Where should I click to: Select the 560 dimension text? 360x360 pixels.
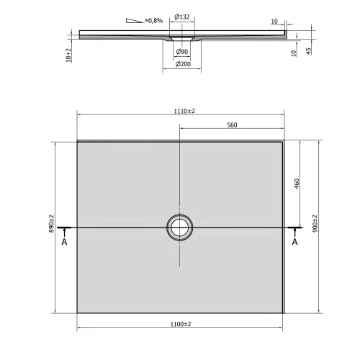[x=232, y=125]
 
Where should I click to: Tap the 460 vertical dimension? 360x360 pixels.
[x=296, y=184]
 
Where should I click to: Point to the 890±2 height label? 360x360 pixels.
[x=52, y=226]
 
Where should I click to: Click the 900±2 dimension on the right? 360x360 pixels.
[x=315, y=226]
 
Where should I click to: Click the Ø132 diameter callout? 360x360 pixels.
[x=181, y=17]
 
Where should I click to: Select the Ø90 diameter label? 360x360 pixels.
[x=181, y=52]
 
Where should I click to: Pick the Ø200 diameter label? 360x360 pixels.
[x=181, y=66]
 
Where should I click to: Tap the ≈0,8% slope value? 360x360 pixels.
[x=153, y=20]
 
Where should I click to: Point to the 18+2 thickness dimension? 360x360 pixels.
[x=68, y=53]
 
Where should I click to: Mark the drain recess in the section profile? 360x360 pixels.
[x=180, y=37]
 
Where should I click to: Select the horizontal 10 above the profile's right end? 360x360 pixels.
[x=274, y=22]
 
